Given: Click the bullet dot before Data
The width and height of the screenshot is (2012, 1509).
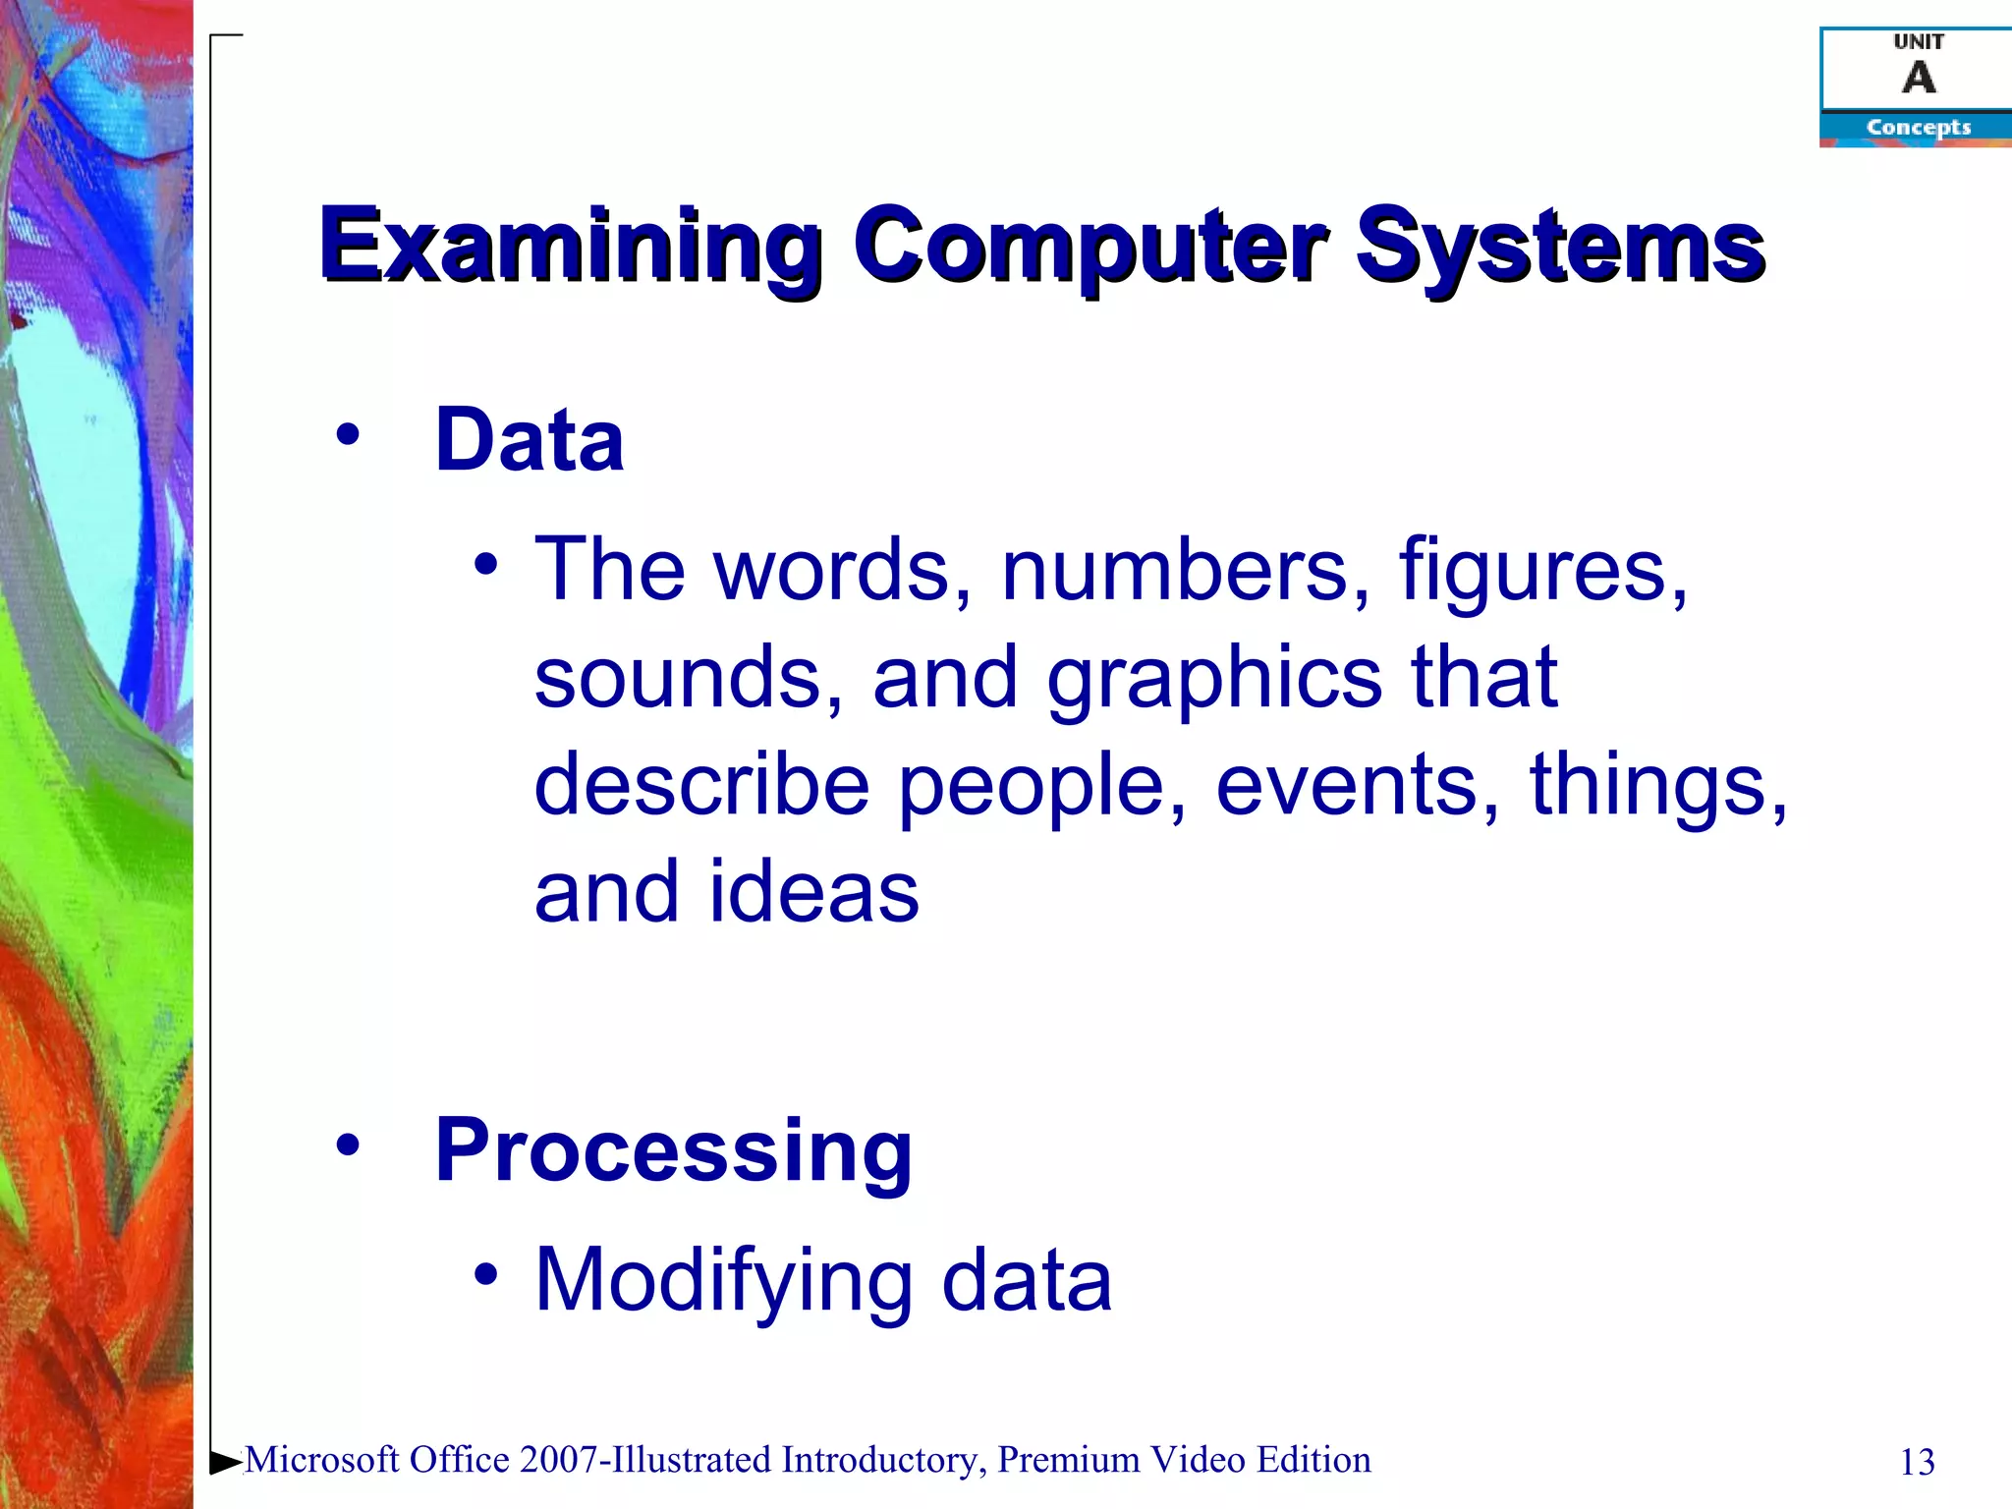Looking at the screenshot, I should (347, 434).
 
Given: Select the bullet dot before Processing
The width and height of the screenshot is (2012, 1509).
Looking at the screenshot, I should (347, 1144).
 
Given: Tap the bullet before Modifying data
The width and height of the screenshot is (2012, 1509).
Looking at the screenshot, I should (486, 1273).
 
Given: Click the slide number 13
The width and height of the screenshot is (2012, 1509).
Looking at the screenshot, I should (1917, 1463).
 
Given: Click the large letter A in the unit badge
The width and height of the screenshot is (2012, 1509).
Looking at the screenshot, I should (1919, 78).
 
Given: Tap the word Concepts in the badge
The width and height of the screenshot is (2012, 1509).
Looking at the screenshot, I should (1918, 128).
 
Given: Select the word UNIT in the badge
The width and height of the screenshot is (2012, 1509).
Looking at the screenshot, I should (1918, 41).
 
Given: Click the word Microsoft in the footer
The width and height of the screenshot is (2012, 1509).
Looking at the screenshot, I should (321, 1461).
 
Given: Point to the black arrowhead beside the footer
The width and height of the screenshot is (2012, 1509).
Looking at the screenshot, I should (225, 1462).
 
